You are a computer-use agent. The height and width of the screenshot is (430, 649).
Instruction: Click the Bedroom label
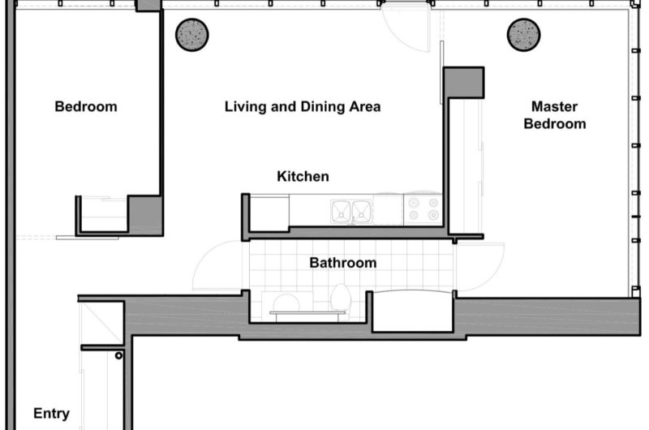85,106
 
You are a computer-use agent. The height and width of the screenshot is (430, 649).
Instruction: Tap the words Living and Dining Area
303,106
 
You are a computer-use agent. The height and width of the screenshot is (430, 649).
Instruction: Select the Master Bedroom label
554,114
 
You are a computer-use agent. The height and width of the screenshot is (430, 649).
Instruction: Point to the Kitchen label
303,176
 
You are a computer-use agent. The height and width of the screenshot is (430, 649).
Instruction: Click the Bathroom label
342,263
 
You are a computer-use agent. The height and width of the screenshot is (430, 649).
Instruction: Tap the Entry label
51,413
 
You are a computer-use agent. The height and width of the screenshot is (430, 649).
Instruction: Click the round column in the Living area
192,34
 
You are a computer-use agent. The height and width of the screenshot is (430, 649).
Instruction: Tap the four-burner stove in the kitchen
422,210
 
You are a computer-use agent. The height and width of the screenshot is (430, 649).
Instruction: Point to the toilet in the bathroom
341,299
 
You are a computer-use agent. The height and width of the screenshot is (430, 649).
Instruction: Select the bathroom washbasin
285,303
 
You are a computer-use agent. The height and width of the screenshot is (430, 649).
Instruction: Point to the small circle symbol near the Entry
118,355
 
